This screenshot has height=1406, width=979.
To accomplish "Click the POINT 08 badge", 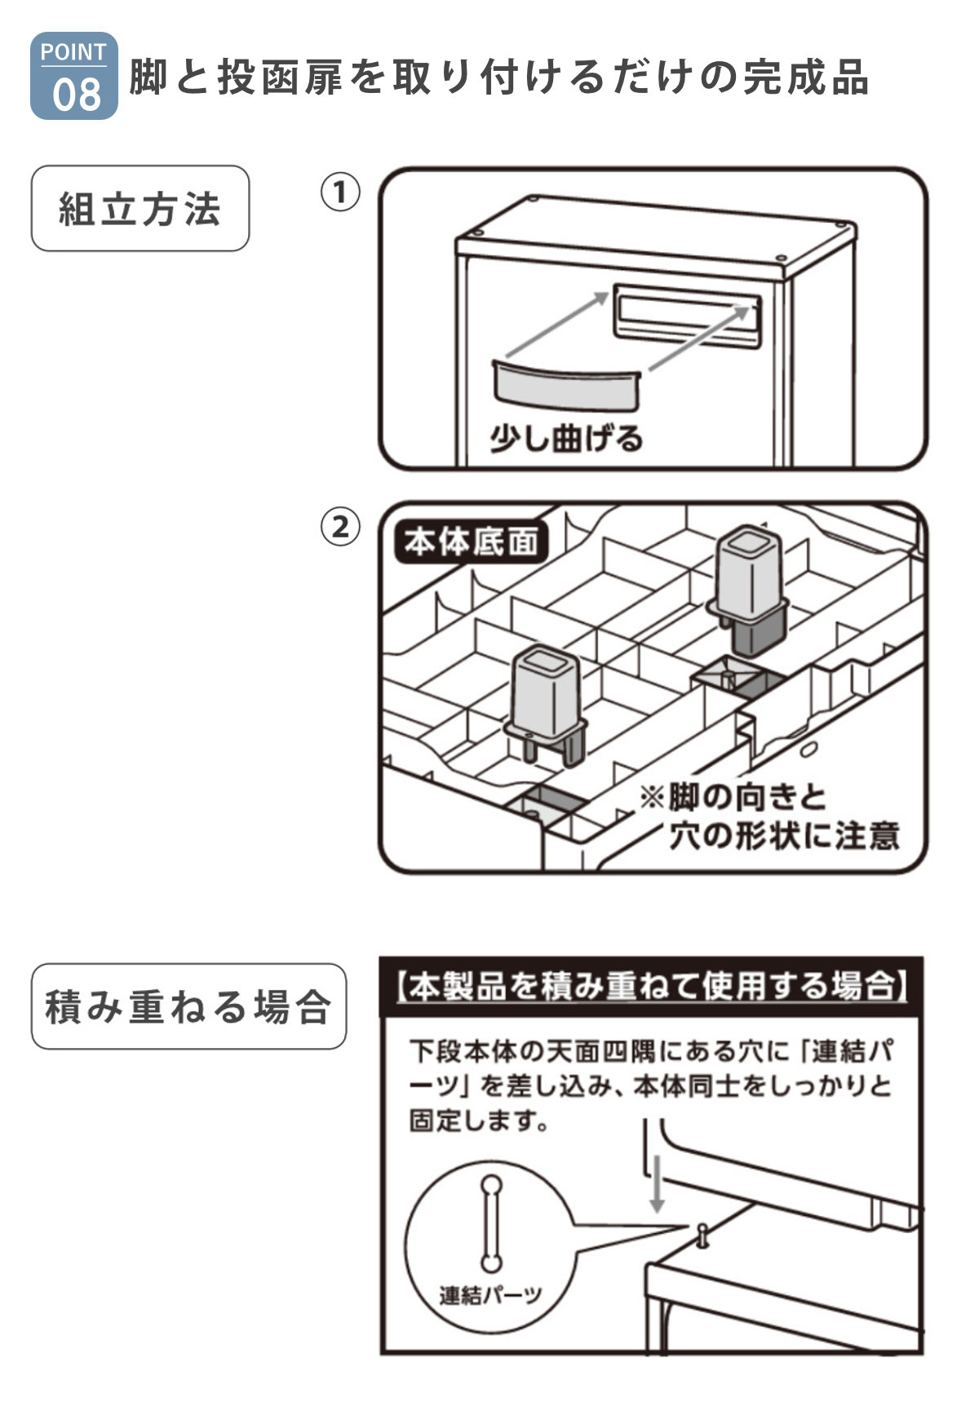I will pos(73,77).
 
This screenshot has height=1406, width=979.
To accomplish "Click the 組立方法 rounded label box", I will pos(140,209).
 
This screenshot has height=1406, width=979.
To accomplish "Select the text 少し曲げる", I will pos(565,439).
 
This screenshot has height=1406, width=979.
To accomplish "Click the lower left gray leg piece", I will pos(545,700).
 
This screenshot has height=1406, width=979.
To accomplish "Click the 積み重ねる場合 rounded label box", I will pos(188,1006).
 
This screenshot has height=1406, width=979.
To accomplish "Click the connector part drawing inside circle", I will pos(490,1223).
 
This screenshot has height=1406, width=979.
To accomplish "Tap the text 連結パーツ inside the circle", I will pos(490,1294).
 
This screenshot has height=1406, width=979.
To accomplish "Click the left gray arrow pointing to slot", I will pos(557,325).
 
